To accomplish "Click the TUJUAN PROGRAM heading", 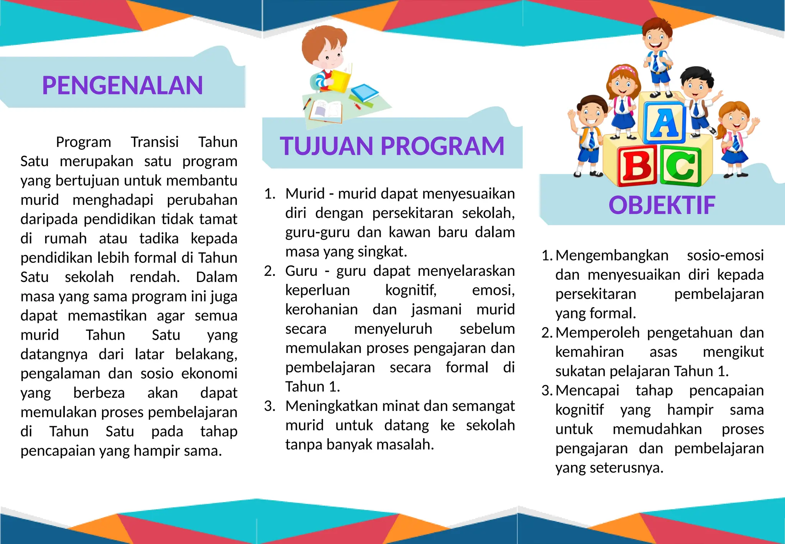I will pyautogui.click(x=392, y=146).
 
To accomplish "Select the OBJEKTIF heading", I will pyautogui.click(x=662, y=205).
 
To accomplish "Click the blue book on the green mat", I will pyautogui.click(x=364, y=93).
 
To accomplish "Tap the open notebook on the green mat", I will pyautogui.click(x=326, y=111).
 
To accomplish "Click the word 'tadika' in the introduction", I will pyautogui.click(x=159, y=239).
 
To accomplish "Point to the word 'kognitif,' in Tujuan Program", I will pyautogui.click(x=411, y=290).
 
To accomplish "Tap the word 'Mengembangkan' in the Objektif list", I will pyautogui.click(x=612, y=256).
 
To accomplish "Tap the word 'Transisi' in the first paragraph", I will pyautogui.click(x=154, y=142).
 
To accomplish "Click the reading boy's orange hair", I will pyautogui.click(x=320, y=40).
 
